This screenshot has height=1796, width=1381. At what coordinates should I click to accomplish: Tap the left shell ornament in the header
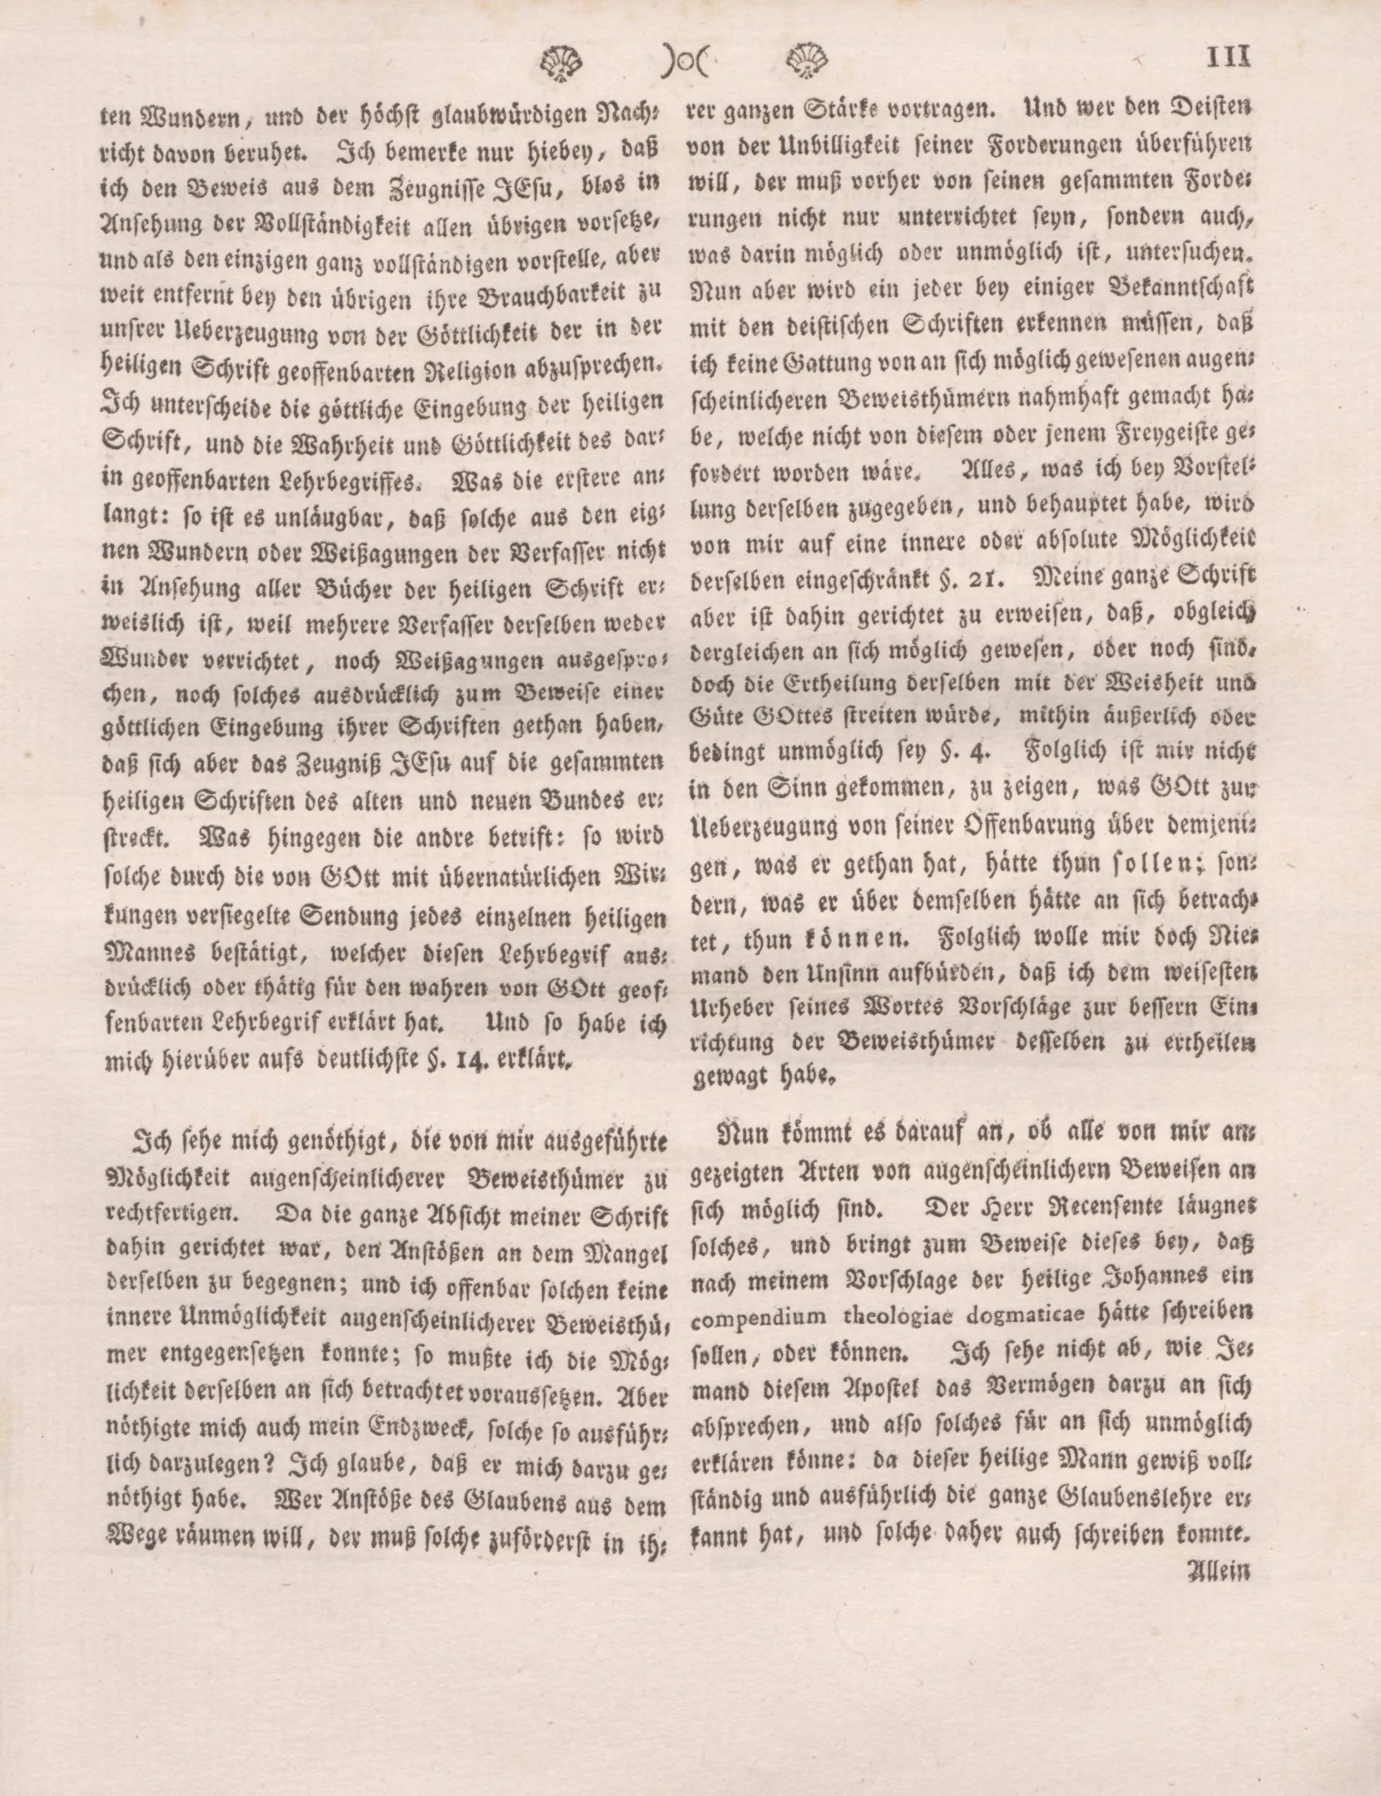click(562, 62)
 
